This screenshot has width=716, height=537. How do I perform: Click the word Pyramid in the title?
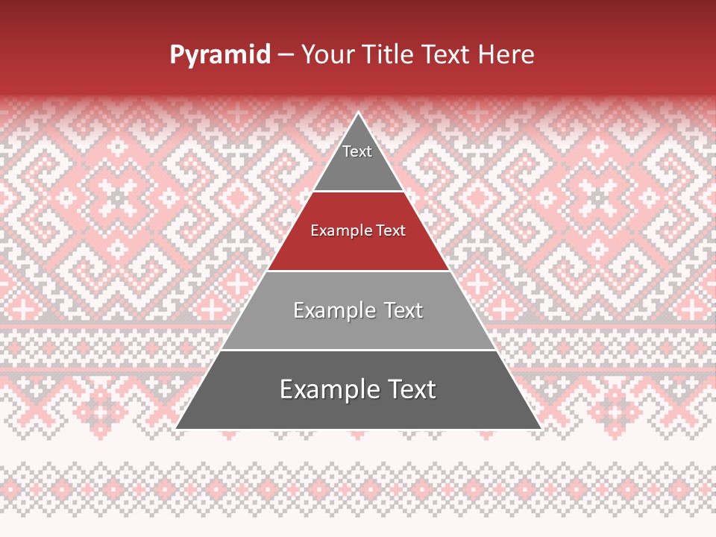[x=220, y=54]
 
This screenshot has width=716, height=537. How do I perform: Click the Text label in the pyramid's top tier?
[x=357, y=151]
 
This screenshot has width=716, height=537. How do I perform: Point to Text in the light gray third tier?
[x=403, y=310]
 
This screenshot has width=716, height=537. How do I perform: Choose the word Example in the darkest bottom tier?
[x=327, y=389]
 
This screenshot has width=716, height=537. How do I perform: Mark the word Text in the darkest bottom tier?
[x=412, y=389]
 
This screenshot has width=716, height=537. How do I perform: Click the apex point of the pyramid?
[x=359, y=113]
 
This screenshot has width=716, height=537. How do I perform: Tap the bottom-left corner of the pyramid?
[x=177, y=428]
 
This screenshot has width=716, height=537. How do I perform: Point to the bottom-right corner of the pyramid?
[x=540, y=428]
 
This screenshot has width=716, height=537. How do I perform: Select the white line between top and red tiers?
[x=359, y=192]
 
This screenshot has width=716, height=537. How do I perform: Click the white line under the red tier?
[x=359, y=271]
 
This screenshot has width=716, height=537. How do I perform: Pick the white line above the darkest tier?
[x=359, y=350]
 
